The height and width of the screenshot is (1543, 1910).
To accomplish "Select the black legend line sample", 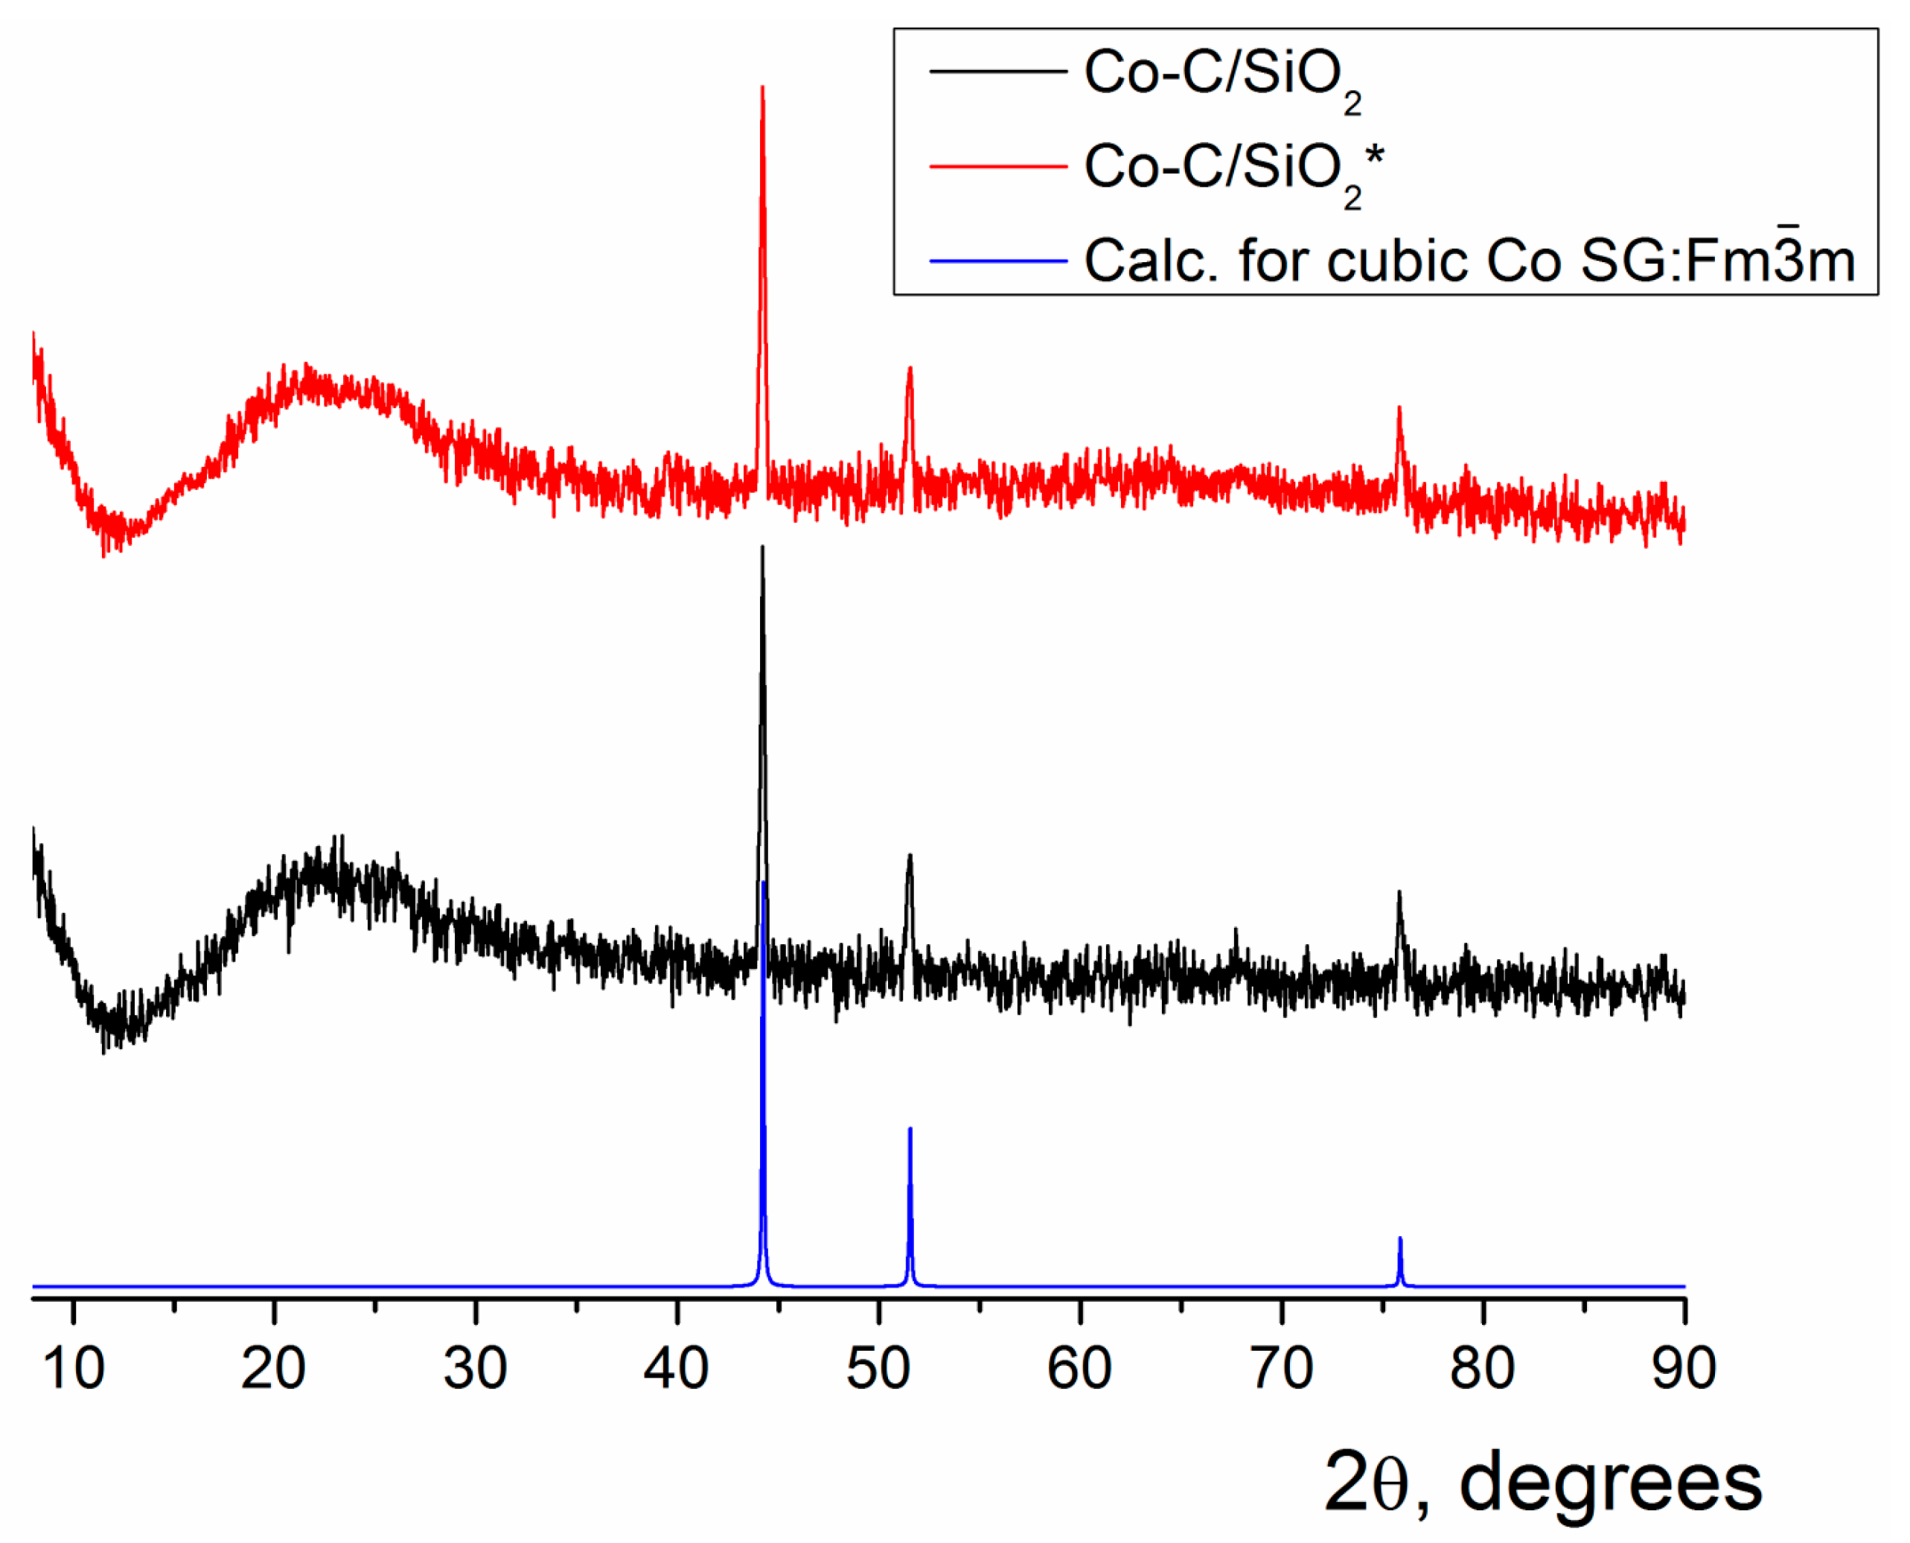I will [997, 71].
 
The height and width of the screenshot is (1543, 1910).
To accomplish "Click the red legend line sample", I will [997, 166].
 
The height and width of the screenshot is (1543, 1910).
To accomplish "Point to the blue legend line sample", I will [997, 261].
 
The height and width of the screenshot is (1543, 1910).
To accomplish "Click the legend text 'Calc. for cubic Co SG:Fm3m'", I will [1469, 260].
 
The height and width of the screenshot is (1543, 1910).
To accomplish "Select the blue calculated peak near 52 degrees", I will [910, 1130].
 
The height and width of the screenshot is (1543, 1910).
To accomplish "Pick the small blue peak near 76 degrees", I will [1400, 1239].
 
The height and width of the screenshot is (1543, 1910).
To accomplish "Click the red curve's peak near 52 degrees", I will [910, 368].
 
